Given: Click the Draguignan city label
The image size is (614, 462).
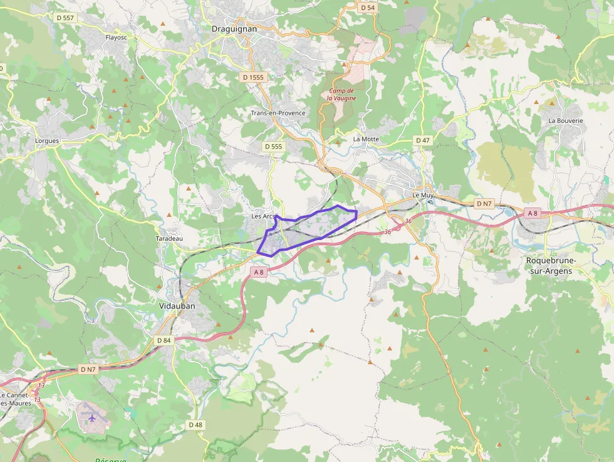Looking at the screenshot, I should pyautogui.click(x=232, y=29).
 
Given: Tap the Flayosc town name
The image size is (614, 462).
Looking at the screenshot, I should pyautogui.click(x=117, y=38).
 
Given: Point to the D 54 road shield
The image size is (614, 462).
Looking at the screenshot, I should pyautogui.click(x=367, y=8).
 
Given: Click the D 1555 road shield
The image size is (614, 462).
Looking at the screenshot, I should pyautogui.click(x=253, y=77).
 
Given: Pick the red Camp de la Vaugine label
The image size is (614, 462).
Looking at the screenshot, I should pyautogui.click(x=342, y=95).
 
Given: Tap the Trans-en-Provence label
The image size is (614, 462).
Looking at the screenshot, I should pyautogui.click(x=278, y=113).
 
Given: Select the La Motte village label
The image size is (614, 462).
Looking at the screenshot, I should pyautogui.click(x=366, y=139).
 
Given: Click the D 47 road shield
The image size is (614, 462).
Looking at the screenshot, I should pyautogui.click(x=422, y=140).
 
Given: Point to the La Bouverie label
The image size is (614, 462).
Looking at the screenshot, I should pyautogui.click(x=565, y=120).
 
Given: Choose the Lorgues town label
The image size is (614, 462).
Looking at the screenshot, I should pyautogui.click(x=47, y=141).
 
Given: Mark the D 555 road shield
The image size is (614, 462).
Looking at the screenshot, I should pyautogui.click(x=274, y=146).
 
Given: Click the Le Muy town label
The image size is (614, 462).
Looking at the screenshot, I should pyautogui.click(x=423, y=195).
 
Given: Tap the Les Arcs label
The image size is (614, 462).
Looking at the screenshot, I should pyautogui.click(x=263, y=216).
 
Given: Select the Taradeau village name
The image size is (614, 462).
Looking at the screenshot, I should pyautogui.click(x=169, y=239).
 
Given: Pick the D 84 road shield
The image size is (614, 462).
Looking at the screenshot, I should pyautogui.click(x=164, y=340).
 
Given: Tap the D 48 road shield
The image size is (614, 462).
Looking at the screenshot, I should pyautogui.click(x=195, y=424).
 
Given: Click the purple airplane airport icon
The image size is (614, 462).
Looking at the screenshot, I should pyautogui.click(x=92, y=416).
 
